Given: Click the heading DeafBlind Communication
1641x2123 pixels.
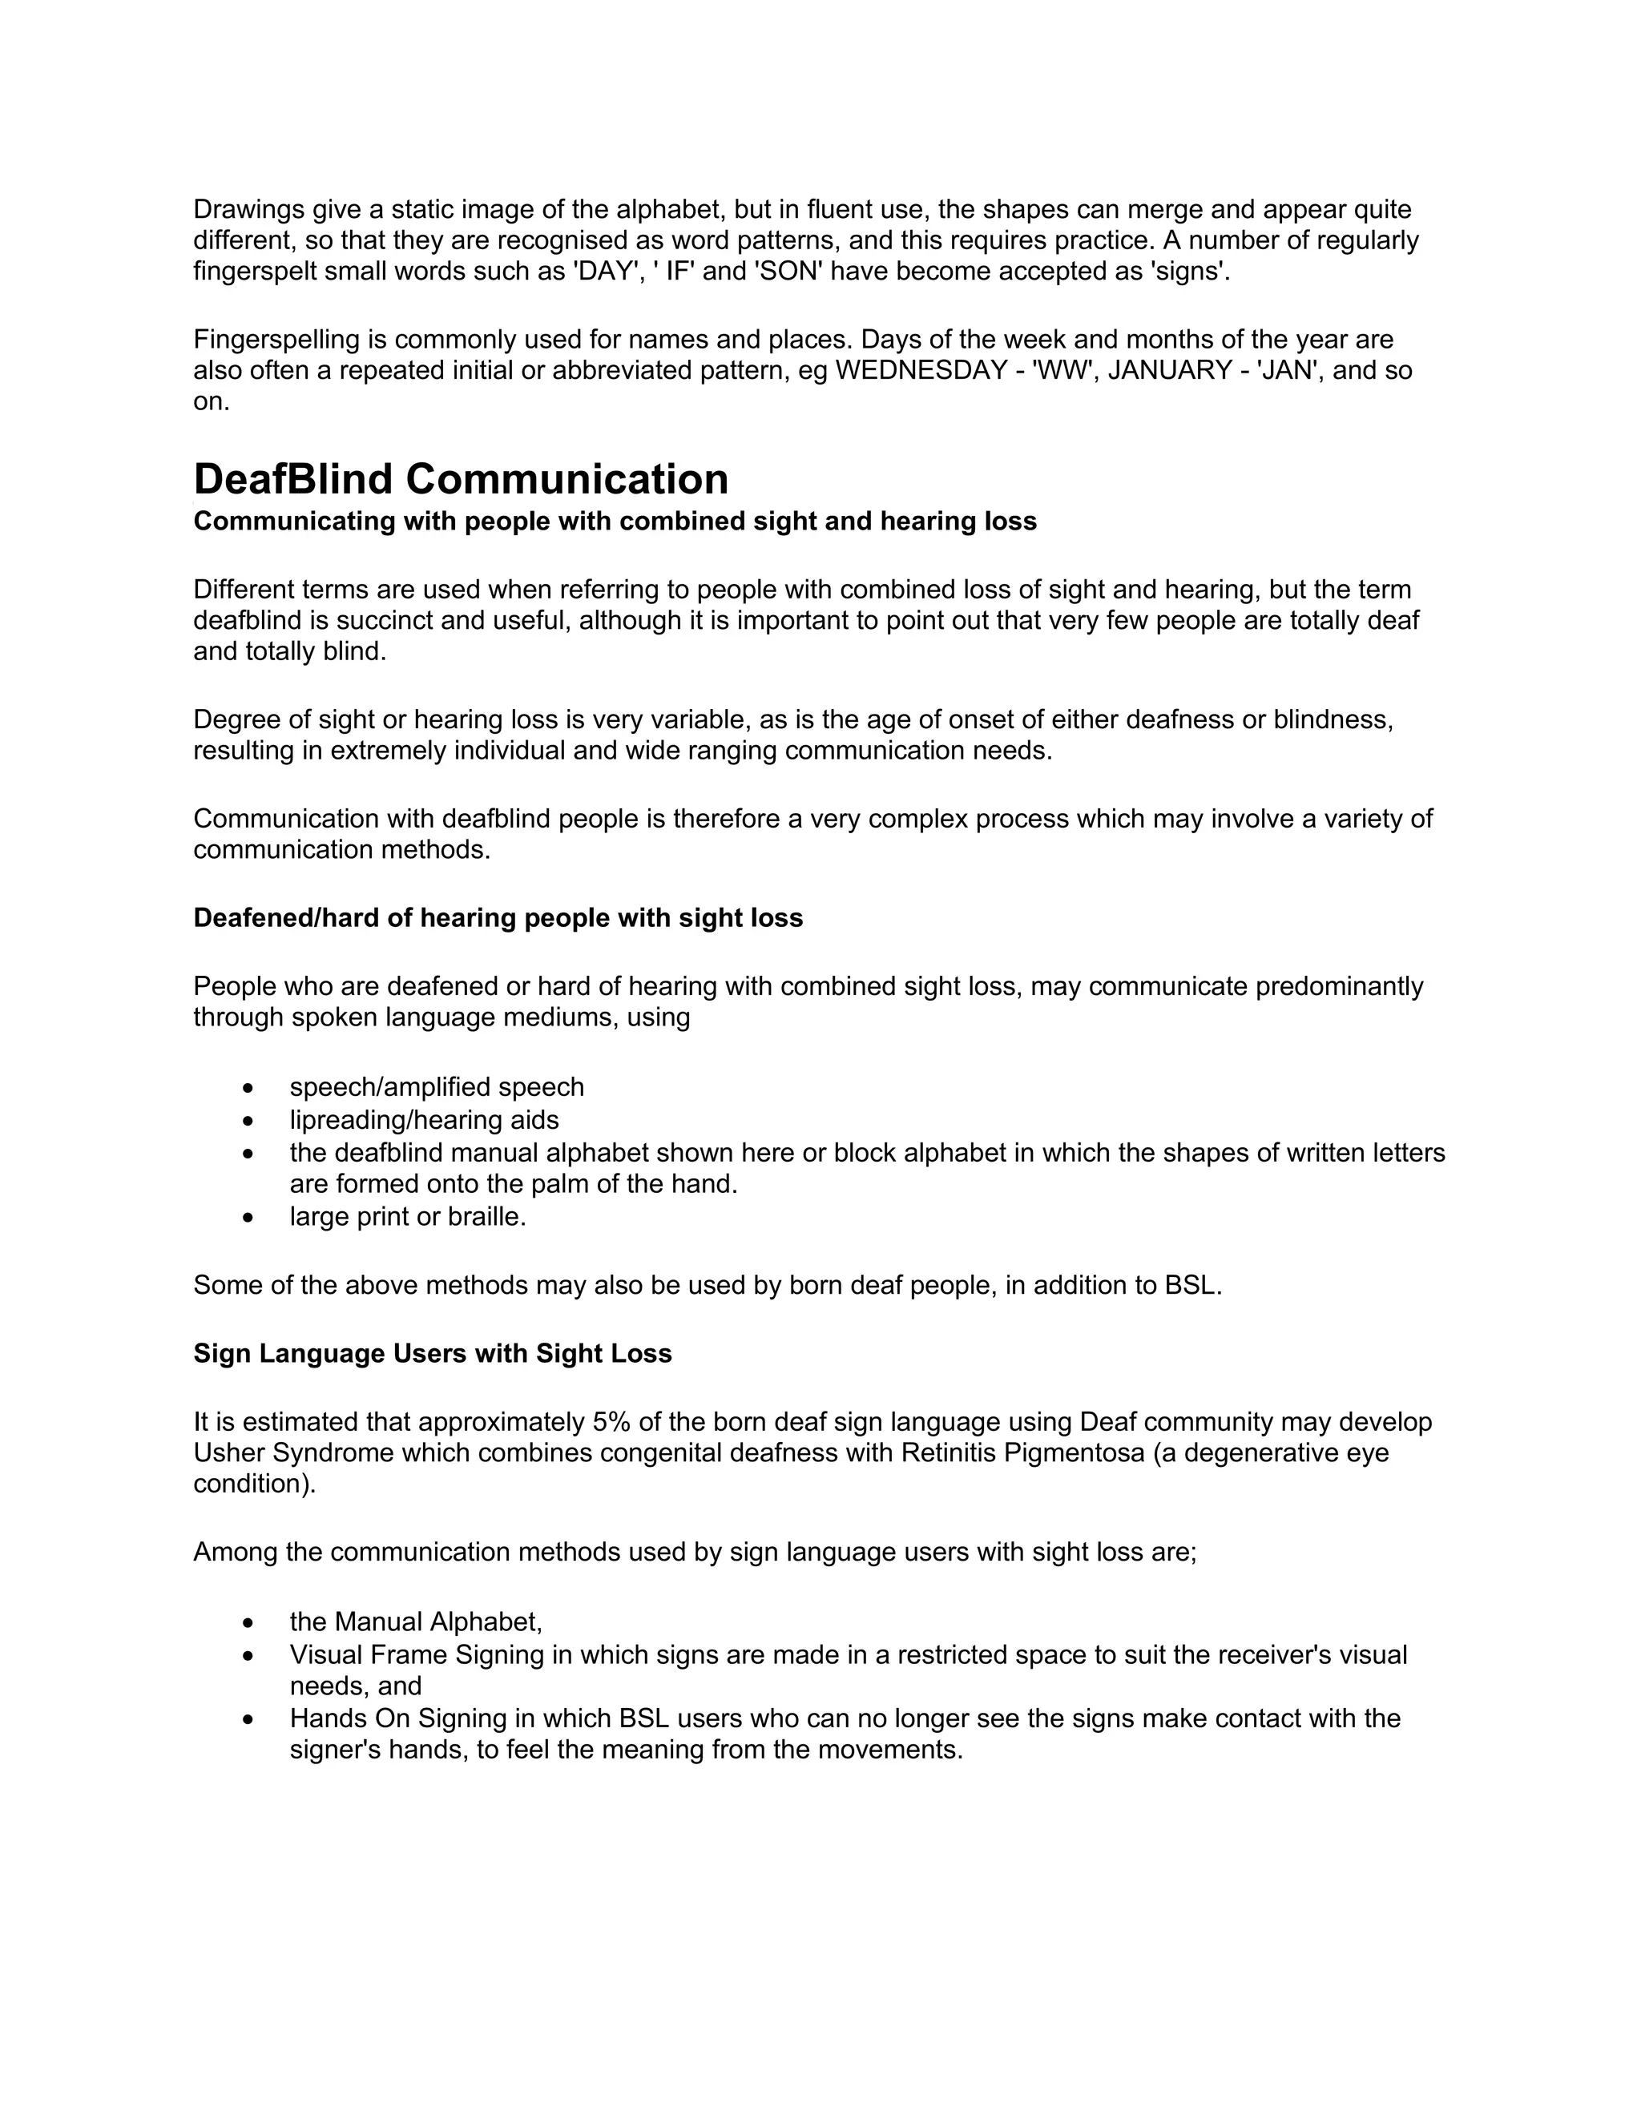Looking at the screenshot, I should (x=461, y=479).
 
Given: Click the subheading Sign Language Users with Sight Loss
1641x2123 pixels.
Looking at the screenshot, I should (x=433, y=1353).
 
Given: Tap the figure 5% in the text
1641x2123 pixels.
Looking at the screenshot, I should (x=611, y=1422).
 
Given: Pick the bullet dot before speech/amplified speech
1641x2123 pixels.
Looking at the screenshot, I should (x=249, y=1088).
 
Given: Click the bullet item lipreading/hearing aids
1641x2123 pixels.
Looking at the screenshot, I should (x=424, y=1120).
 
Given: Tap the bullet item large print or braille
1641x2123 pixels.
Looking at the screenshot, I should (x=407, y=1217).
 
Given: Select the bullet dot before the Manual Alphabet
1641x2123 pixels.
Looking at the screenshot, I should (x=249, y=1623).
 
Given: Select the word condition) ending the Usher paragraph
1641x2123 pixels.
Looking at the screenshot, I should (x=255, y=1484).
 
